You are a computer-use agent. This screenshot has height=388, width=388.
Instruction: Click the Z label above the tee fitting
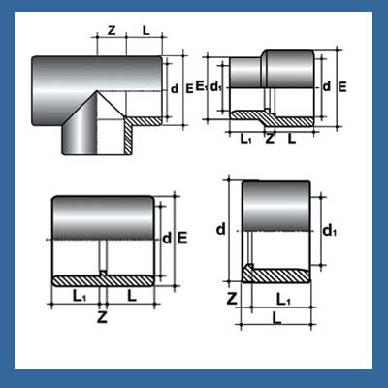pos(112,31)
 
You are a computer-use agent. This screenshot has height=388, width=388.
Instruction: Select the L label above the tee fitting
pos(145,31)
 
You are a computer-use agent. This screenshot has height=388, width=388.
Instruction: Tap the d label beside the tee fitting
pos(174,89)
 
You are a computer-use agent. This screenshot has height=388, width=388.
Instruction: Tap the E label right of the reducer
pos(342,86)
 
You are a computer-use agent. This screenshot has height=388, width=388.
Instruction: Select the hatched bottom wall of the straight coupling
pos(102,281)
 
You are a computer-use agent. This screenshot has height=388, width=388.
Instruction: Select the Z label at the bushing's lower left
pos(232,297)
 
